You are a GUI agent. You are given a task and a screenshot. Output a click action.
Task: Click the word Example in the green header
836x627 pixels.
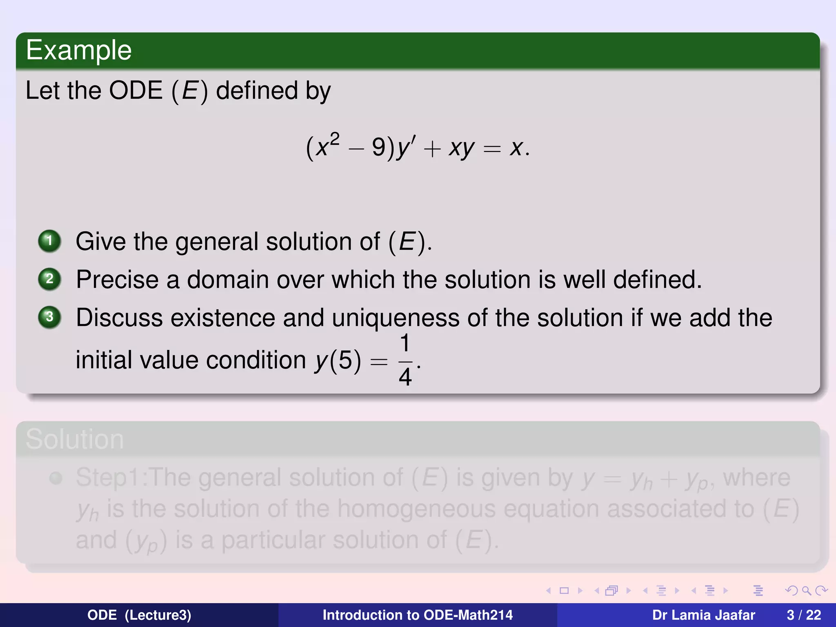[x=78, y=51]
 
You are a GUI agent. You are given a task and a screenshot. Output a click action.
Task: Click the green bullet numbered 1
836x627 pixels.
[x=49, y=241]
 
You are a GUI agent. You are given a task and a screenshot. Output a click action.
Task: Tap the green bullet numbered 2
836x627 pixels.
[x=49, y=279]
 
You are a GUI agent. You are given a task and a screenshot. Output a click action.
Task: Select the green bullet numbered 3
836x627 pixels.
[x=49, y=317]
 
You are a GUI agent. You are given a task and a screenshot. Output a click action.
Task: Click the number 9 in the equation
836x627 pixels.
[x=378, y=147]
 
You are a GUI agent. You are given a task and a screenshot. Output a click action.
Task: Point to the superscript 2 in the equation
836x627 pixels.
[x=334, y=139]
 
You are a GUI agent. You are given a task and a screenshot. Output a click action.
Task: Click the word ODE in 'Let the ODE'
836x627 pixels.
[x=136, y=91]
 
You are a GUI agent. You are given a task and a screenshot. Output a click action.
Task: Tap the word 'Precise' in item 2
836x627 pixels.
[x=117, y=280]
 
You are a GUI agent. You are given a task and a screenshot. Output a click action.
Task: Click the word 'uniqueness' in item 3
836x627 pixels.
[x=396, y=318]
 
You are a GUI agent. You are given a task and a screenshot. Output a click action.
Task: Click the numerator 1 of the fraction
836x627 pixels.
[x=405, y=343]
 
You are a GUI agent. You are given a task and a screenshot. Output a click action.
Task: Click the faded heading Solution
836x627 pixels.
[x=75, y=440]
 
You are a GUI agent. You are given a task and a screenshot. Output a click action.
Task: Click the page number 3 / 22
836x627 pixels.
[x=804, y=615]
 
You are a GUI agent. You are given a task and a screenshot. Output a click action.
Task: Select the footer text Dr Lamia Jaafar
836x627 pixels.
[x=703, y=615]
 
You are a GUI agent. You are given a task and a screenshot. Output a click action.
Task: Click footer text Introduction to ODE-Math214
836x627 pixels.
[x=418, y=615]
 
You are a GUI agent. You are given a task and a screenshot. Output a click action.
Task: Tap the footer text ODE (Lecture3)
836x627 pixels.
[x=139, y=615]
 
